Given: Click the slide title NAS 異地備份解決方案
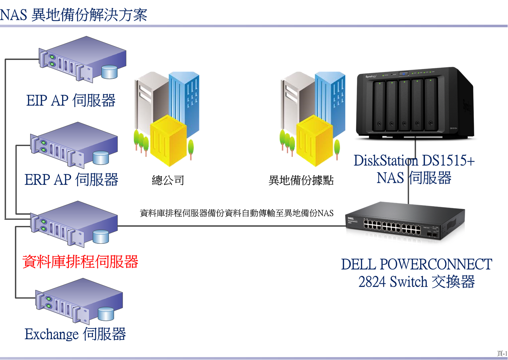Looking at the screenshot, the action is [x=73, y=15].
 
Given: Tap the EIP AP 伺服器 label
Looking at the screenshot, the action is [x=71, y=100].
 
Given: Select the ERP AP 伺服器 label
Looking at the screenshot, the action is [x=71, y=179].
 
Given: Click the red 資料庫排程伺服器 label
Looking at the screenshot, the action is [x=80, y=262].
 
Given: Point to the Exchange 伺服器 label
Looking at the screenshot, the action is [x=75, y=334].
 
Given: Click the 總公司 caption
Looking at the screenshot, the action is [x=168, y=180].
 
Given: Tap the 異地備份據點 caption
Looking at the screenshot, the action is [x=301, y=180].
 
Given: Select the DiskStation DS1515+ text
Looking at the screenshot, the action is [x=414, y=160].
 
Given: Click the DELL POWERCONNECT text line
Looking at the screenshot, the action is [x=416, y=264].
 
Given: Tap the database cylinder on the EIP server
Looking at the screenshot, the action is [x=110, y=72].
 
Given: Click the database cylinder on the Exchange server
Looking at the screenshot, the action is [x=106, y=314].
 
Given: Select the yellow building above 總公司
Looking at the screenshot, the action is [x=168, y=140].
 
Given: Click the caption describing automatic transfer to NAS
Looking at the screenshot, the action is [x=236, y=213].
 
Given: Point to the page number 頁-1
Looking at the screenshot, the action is [x=502, y=353].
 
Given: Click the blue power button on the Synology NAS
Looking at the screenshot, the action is [x=404, y=74].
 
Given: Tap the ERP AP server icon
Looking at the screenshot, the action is [x=74, y=145].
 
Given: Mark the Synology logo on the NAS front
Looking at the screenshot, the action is [x=371, y=76].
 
